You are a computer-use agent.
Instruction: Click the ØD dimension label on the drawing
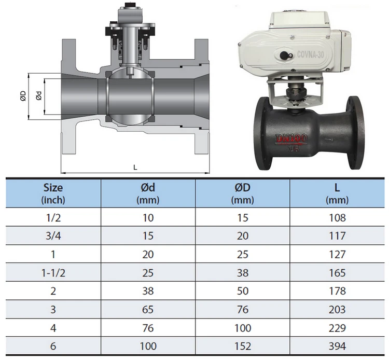(x=23, y=96)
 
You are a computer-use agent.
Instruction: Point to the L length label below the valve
(x=135, y=168)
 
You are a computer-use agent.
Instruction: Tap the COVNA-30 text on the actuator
(x=310, y=54)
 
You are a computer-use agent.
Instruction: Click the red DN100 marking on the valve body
(x=291, y=139)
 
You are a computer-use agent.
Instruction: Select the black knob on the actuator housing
(x=283, y=55)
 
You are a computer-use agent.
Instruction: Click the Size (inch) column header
(x=53, y=193)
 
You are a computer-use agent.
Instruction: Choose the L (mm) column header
(x=337, y=193)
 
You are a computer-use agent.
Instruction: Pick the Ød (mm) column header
(x=148, y=193)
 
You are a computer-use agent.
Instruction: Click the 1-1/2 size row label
(x=53, y=273)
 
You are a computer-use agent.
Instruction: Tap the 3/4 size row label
(x=53, y=236)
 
